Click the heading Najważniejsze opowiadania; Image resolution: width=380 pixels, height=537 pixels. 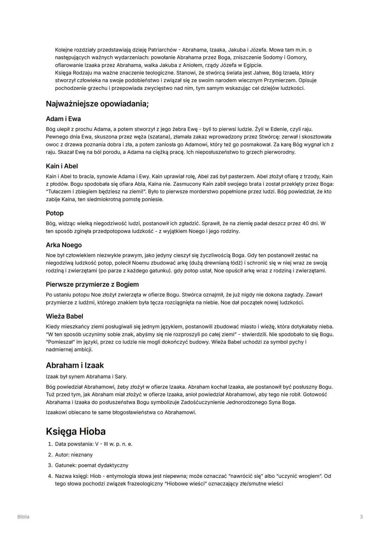(x=97, y=104)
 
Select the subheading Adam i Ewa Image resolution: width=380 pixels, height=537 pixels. (x=63, y=119)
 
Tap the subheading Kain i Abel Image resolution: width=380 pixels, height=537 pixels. (x=62, y=166)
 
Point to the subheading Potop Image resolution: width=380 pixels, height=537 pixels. (x=55, y=213)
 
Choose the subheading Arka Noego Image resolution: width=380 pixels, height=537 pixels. (x=64, y=245)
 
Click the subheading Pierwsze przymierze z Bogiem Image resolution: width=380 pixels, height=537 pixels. (x=92, y=285)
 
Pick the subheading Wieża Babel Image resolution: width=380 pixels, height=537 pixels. (x=64, y=317)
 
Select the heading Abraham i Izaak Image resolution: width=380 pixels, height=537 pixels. (x=75, y=365)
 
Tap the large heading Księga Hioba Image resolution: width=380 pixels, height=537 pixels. (x=76, y=431)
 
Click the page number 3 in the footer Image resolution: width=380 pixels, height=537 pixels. (x=361, y=517)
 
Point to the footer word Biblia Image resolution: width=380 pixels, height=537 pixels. (x=23, y=517)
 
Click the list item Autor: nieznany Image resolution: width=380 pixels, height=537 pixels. (x=74, y=455)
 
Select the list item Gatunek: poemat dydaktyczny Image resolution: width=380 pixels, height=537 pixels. (x=91, y=465)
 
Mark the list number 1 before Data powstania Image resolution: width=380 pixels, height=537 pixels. (x=50, y=444)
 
